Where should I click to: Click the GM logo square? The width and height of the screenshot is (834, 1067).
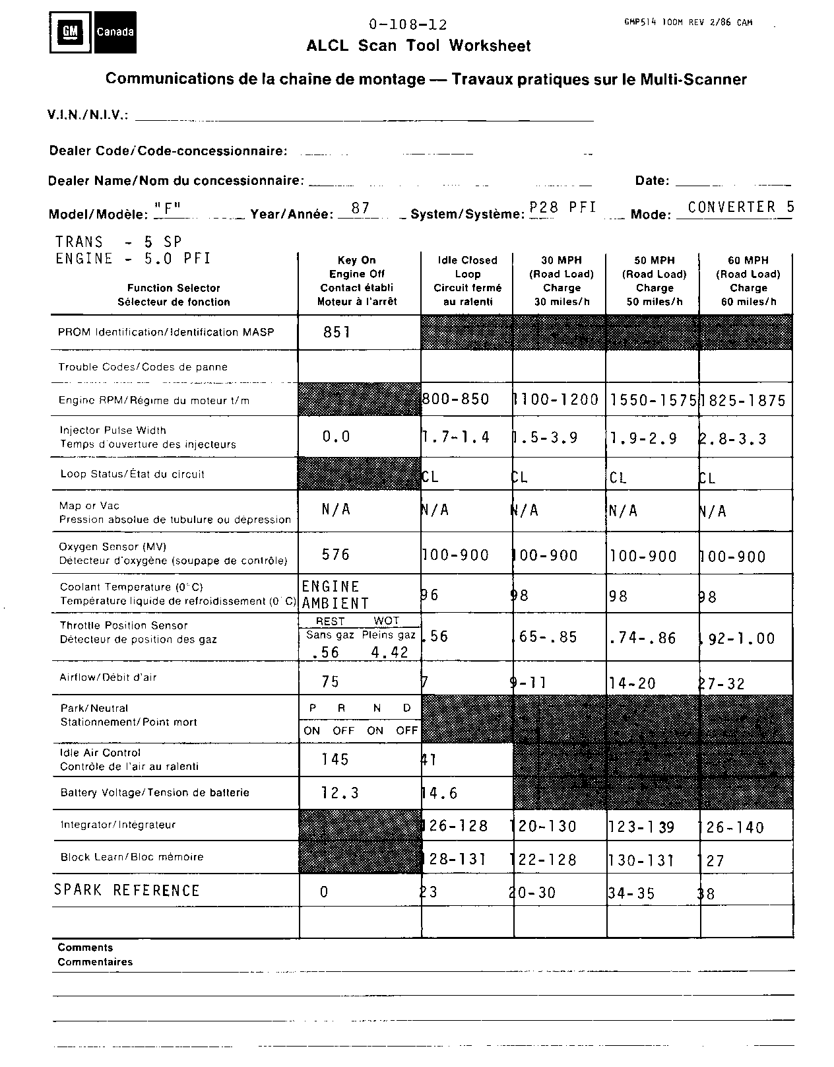point(70,32)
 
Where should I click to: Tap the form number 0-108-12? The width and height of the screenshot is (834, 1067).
point(408,25)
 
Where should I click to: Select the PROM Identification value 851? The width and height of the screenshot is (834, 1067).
point(337,332)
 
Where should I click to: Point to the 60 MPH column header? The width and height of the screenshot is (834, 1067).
point(748,281)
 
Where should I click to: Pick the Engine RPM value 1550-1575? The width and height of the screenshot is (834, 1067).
point(653,400)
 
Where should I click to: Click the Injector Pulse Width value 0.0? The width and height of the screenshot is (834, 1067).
point(336,436)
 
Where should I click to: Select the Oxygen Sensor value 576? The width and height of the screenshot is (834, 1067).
point(336,555)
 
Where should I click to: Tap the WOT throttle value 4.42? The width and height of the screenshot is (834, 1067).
point(389,652)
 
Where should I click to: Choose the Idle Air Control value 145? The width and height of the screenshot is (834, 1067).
point(335,759)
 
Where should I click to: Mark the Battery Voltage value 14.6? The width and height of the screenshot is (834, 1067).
point(439,793)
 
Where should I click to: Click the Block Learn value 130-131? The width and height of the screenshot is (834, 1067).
point(641,860)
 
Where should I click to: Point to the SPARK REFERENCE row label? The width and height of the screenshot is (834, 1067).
point(127,891)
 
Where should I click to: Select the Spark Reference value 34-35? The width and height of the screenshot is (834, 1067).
point(632,893)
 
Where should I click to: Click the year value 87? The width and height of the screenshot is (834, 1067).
point(360,208)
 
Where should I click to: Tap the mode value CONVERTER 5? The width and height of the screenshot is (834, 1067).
point(740,207)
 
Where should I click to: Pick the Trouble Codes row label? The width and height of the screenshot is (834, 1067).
point(143,367)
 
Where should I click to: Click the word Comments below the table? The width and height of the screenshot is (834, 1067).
point(85,947)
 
